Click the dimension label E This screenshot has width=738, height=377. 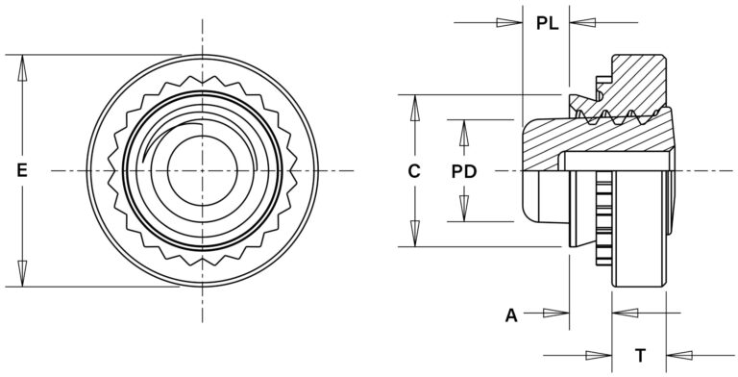point(21,170)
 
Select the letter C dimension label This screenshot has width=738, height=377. point(414,171)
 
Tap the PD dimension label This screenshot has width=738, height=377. point(466,171)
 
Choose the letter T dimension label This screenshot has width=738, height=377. point(638,352)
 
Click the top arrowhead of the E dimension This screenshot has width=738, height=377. point(21,63)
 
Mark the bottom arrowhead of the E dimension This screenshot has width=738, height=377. point(21,278)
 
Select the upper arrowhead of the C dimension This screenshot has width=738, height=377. point(414,105)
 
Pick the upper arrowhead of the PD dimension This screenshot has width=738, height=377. point(466,130)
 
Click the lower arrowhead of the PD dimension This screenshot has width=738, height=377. point(466,213)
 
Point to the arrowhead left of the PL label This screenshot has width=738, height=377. point(510,22)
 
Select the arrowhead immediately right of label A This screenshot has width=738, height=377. point(558,313)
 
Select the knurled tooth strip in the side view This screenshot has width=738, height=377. point(603,226)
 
